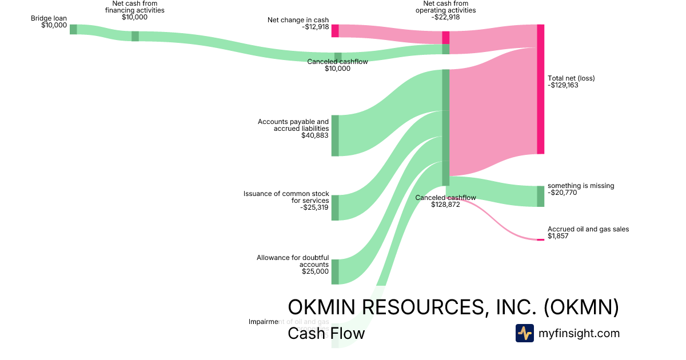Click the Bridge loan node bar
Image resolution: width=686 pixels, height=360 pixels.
73,29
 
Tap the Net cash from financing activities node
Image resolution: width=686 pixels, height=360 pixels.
135,36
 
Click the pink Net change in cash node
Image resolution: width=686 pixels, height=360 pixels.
335,31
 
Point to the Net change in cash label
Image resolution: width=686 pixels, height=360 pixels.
298,20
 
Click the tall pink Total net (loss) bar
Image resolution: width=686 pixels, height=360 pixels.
540,89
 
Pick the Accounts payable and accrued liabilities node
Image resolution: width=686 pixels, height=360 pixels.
335,135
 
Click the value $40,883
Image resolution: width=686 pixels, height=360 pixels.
315,136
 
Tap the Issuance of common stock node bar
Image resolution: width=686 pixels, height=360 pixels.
335,207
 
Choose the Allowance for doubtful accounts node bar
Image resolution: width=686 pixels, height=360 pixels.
335,271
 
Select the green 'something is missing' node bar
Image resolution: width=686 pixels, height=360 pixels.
540,196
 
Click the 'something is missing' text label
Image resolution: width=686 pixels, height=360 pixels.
581,186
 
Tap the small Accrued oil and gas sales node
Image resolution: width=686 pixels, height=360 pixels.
540,239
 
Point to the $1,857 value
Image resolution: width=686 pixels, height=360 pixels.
558,236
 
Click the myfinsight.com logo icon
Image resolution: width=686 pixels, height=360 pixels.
524,333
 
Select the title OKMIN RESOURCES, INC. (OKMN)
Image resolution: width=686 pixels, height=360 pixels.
453,307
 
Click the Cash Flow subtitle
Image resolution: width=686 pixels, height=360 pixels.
326,333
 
